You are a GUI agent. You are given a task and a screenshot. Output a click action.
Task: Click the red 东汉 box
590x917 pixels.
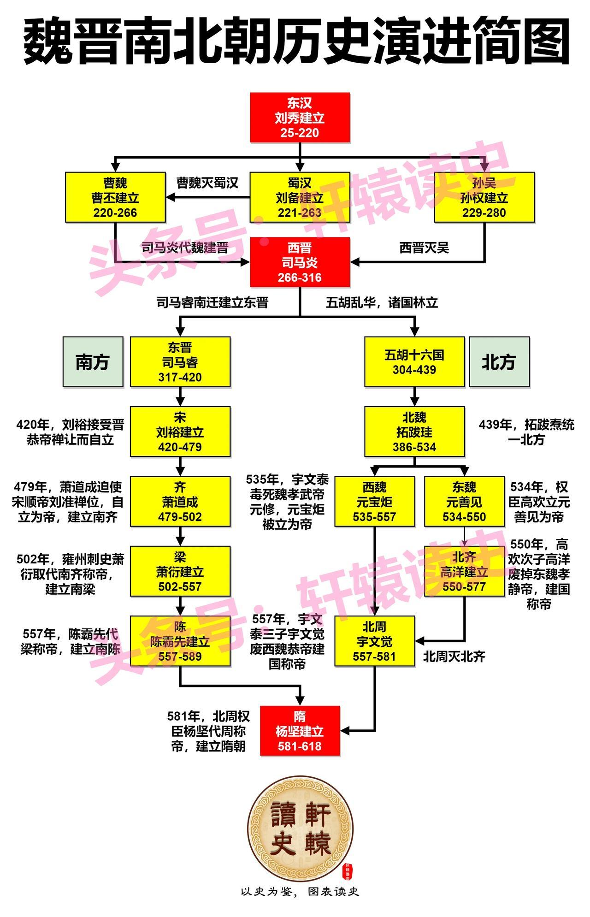click(300, 118)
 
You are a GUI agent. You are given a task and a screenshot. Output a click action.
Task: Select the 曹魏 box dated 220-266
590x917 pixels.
click(115, 197)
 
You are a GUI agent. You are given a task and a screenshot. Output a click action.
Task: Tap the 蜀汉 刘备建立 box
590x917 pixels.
click(300, 197)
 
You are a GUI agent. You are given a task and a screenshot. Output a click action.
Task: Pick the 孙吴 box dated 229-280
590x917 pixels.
click(484, 197)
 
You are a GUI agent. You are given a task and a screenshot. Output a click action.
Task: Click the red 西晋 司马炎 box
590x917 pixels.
click(300, 262)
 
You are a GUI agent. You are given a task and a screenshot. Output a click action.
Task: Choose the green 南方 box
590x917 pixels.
click(93, 361)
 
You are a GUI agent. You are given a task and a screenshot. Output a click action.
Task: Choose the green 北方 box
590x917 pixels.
click(499, 361)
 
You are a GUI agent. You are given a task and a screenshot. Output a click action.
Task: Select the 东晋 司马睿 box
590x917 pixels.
click(180, 361)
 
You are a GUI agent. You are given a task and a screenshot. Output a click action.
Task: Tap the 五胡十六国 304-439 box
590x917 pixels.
click(414, 361)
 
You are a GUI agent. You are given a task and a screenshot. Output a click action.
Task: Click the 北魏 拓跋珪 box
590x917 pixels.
click(414, 432)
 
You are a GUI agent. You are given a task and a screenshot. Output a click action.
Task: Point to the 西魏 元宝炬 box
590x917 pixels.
click(374, 502)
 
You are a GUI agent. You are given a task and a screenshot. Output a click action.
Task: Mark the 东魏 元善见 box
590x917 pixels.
click(464, 502)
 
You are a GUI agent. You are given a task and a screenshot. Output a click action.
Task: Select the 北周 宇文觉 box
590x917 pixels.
click(374, 641)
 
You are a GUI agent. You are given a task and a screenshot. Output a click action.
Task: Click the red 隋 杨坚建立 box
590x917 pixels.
click(300, 731)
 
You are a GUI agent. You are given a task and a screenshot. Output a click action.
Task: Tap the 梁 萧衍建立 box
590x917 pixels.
click(180, 571)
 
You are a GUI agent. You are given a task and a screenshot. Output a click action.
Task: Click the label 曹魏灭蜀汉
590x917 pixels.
click(207, 183)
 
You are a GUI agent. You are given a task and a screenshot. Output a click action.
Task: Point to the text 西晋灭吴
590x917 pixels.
click(424, 248)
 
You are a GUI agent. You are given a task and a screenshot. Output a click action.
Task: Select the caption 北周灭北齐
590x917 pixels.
click(454, 657)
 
